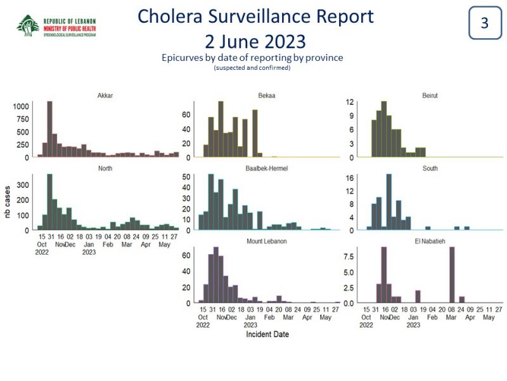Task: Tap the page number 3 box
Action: (484, 23)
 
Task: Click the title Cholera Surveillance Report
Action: (255, 17)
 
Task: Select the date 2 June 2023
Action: (255, 41)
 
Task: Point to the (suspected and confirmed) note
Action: (252, 68)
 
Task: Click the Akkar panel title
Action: (105, 96)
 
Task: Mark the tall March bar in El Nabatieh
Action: (452, 275)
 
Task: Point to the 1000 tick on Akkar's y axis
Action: (20, 106)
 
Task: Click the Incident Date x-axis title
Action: (267, 334)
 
